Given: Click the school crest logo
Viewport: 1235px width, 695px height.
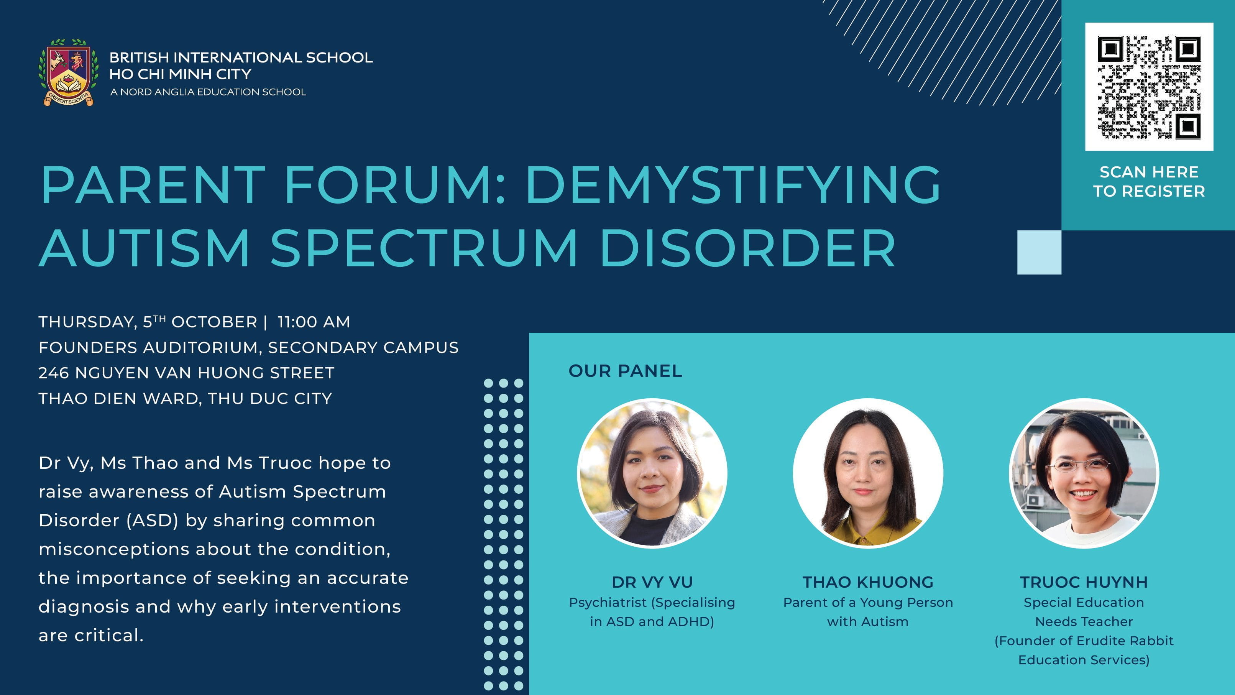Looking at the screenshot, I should [x=69, y=72].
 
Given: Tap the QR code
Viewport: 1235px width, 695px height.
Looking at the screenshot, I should [x=1149, y=87].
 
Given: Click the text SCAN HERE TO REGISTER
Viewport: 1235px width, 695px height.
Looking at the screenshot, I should [x=1149, y=181].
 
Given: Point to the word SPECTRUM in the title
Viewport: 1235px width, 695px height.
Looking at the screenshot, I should [x=424, y=248].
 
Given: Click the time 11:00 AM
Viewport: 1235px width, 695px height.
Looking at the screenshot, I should [x=314, y=322].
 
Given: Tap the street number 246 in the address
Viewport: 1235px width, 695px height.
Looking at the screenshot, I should [x=54, y=373].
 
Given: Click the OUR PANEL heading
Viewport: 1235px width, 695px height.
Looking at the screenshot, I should [x=625, y=371].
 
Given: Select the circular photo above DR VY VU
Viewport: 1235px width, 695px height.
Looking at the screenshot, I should [x=652, y=473].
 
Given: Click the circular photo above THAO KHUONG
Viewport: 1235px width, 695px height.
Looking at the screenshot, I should [x=868, y=473].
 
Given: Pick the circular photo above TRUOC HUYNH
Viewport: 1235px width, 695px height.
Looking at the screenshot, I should [x=1084, y=473].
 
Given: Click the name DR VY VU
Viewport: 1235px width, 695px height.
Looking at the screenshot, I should [x=652, y=582].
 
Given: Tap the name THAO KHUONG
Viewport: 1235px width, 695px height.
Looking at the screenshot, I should [x=868, y=582].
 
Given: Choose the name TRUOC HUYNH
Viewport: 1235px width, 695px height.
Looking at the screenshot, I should [x=1084, y=582].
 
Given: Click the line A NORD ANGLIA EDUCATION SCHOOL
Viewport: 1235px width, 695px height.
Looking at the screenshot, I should [x=208, y=92].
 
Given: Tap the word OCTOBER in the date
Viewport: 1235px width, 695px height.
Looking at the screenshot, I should [x=214, y=322].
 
